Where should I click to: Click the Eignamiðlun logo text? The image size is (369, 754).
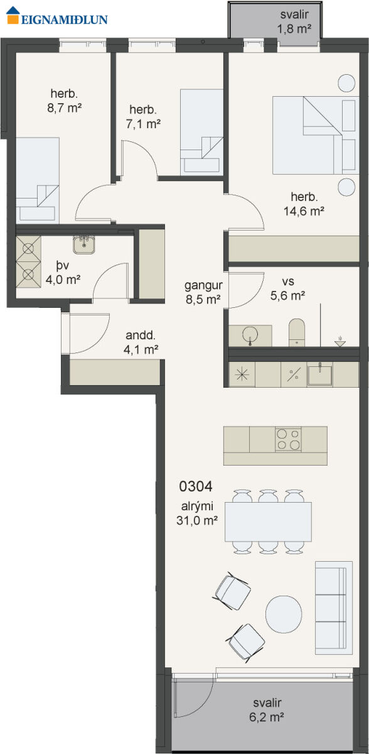(x=64, y=19)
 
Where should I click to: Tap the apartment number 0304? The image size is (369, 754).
(x=196, y=486)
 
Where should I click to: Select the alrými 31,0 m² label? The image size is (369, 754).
(x=197, y=513)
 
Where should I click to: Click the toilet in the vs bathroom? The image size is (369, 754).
(x=297, y=332)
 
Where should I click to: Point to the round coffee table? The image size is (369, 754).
(x=284, y=615)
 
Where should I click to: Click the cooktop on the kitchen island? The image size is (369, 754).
(x=288, y=439)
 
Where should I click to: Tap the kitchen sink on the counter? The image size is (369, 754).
(x=320, y=374)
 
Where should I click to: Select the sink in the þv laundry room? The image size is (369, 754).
(x=84, y=244)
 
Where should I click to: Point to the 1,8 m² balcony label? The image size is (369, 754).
(x=294, y=22)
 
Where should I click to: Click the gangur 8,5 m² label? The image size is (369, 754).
(x=203, y=292)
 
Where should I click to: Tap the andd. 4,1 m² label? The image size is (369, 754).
(x=141, y=342)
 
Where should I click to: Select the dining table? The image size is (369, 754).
(x=268, y=522)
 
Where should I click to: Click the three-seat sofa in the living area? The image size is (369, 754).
(x=334, y=608)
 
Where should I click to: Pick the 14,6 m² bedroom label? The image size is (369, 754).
(x=304, y=204)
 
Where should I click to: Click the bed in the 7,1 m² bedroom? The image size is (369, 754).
(x=201, y=133)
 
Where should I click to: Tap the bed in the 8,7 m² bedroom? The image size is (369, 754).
(x=38, y=180)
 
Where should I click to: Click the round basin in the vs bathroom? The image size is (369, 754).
(x=250, y=334)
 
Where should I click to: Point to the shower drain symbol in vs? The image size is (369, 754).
(x=340, y=341)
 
